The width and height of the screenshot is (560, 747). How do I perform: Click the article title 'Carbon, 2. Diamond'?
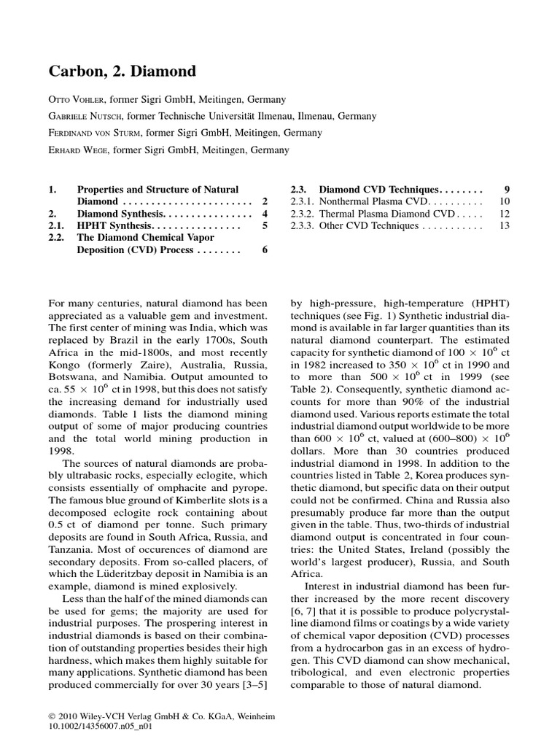122,71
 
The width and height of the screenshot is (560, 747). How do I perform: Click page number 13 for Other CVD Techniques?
504,226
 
